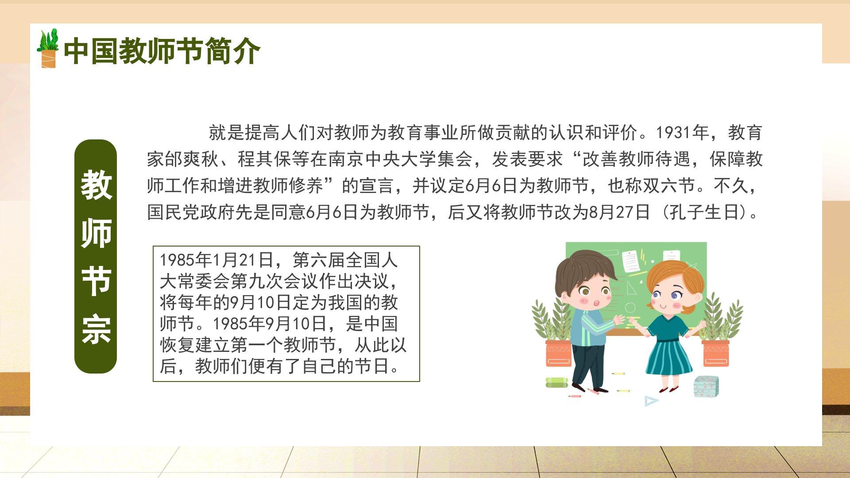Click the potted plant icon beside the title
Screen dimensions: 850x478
[x=48, y=49]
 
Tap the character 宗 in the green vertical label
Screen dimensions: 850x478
[x=96, y=329]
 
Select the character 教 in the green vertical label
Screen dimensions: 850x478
[x=96, y=185]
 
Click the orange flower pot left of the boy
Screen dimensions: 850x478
[x=558, y=353]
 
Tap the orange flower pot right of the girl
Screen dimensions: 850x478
[x=715, y=353]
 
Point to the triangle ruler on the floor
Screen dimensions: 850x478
[x=651, y=401]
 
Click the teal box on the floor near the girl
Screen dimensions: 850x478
[x=706, y=386]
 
